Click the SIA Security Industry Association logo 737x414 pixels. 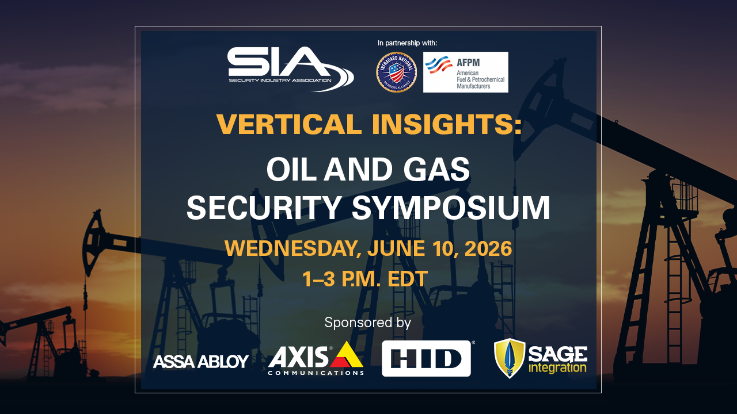tap(290, 68)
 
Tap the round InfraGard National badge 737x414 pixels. tap(396, 72)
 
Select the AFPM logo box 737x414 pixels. tap(465, 72)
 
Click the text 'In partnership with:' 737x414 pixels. tap(407, 43)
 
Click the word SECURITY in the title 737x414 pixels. tap(264, 208)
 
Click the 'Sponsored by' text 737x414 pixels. tap(368, 322)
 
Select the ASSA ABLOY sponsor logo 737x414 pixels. tap(200, 361)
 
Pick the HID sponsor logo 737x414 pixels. tap(426, 358)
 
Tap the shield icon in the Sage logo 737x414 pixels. tap(510, 358)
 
